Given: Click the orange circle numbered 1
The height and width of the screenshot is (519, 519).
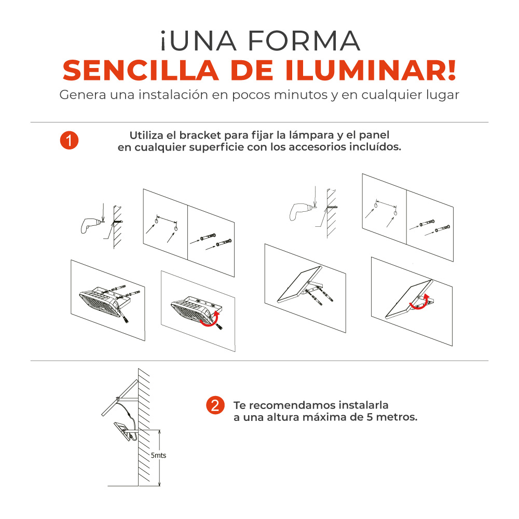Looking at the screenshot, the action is (x=69, y=140).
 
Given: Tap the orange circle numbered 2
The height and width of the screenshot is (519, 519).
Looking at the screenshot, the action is (x=215, y=405).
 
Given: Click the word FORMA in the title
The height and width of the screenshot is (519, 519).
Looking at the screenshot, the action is (x=304, y=41).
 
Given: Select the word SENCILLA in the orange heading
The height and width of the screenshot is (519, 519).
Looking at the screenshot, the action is (x=141, y=71).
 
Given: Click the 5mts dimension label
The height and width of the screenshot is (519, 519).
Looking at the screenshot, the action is (x=158, y=456).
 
